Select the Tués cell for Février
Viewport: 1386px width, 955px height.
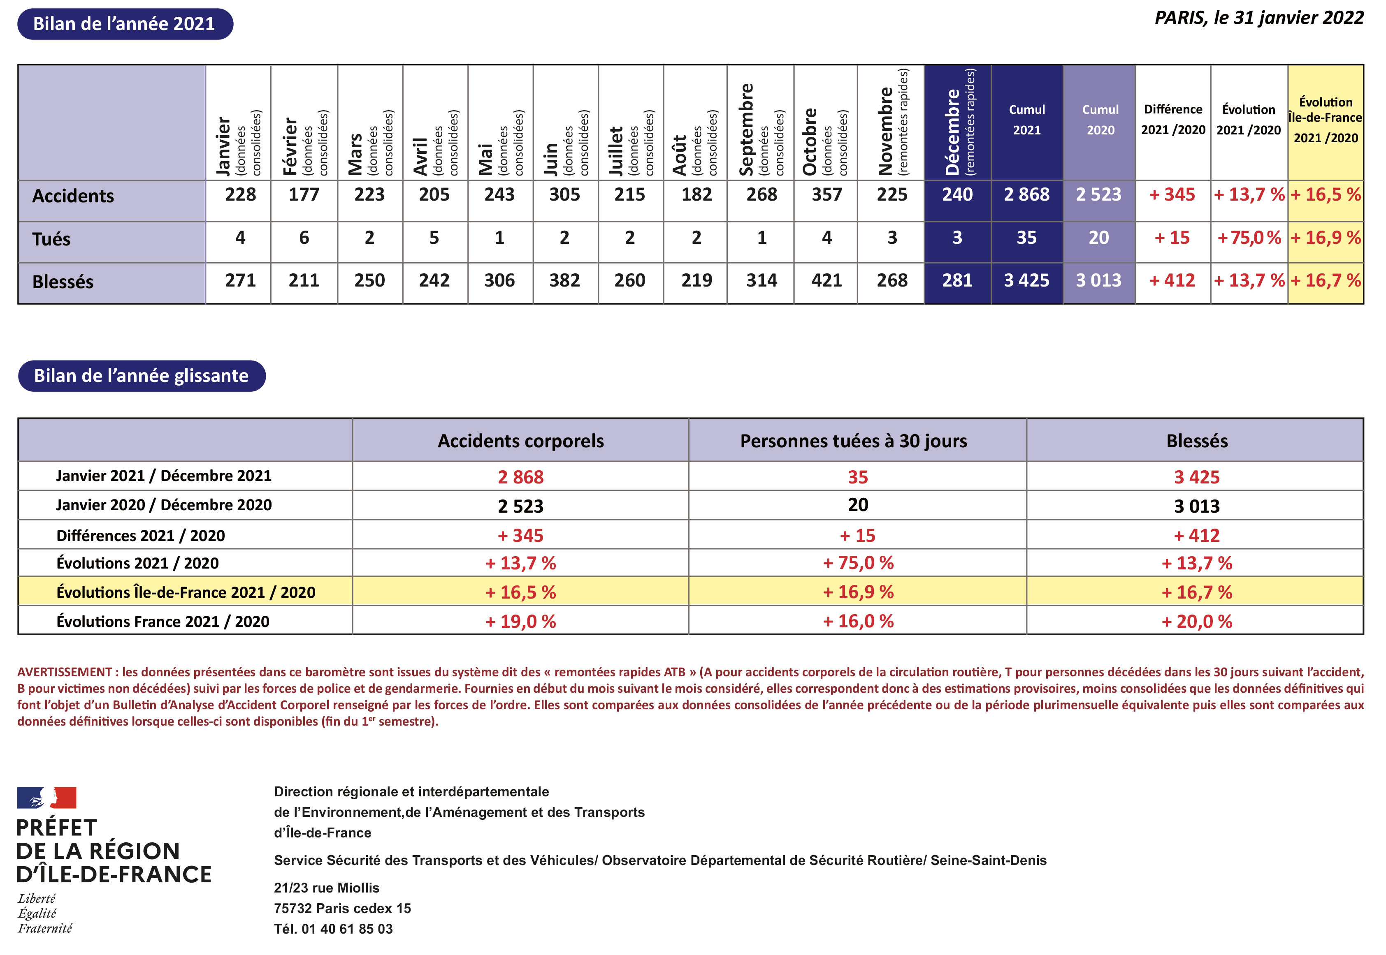[304, 238]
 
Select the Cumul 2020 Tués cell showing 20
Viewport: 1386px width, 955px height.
[1098, 238]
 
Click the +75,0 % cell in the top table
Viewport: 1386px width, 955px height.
[1249, 238]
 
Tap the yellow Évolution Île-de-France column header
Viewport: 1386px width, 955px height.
[1326, 120]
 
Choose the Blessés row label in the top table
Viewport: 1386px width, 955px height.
[63, 282]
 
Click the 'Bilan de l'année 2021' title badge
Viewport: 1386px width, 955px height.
[125, 24]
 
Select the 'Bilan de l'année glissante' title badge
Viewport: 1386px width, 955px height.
[141, 376]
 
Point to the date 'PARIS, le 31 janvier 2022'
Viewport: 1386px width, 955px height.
[1258, 18]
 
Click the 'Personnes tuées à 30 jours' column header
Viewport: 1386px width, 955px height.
[853, 441]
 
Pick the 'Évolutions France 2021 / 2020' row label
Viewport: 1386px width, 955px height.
[163, 621]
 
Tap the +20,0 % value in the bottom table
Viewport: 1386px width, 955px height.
[1196, 621]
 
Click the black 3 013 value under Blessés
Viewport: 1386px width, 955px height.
[1196, 506]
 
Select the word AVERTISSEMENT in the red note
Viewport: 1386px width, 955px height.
[65, 672]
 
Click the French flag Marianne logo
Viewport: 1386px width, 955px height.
[47, 798]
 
